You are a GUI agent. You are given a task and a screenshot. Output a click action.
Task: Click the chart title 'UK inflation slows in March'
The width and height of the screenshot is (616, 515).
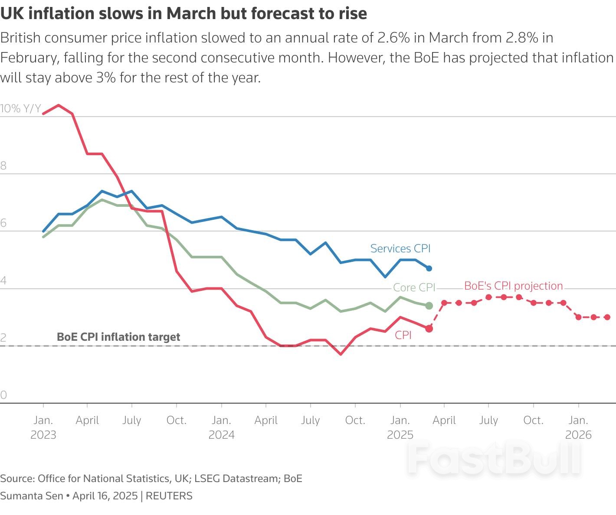pos(183,13)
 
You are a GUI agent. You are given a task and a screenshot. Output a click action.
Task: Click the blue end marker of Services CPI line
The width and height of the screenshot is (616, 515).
pos(429,268)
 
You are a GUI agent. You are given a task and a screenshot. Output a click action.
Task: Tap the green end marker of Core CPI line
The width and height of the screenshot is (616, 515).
pos(429,306)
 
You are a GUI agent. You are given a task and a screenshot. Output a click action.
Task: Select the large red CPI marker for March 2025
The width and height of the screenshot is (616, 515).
pos(429,329)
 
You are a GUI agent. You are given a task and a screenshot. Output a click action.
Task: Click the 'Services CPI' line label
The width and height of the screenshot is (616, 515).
pos(400,248)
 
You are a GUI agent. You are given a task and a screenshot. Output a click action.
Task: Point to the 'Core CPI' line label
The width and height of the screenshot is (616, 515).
pos(413,287)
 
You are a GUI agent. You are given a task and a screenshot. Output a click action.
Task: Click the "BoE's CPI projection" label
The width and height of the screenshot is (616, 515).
pos(513,286)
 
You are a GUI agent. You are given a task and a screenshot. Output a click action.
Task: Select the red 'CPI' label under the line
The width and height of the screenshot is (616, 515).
pos(403,335)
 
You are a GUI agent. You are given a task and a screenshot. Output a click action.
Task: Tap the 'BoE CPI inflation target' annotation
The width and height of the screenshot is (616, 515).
pos(118,337)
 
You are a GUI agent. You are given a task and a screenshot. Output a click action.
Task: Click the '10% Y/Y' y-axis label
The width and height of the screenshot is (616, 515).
pos(20,108)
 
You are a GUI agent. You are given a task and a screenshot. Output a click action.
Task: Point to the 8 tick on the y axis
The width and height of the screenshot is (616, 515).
pos(3,166)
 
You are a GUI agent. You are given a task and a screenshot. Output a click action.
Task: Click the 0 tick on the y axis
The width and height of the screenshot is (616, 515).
pos(3,395)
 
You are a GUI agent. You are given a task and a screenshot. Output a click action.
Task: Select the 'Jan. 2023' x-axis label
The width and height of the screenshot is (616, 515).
pos(43,427)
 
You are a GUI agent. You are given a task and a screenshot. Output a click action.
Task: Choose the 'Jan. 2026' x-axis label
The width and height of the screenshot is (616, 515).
pos(578,427)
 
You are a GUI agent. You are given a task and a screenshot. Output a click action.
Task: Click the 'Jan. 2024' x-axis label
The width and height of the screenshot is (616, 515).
pos(221,427)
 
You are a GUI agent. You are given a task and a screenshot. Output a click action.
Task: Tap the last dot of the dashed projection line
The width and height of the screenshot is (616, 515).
pos(607,317)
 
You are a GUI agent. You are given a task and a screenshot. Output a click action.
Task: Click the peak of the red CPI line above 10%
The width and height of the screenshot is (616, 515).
pos(59,105)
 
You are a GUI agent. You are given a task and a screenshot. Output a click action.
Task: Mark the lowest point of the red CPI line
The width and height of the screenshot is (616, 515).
pos(341,354)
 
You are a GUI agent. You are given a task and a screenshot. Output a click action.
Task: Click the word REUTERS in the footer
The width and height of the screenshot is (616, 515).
pos(169,496)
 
